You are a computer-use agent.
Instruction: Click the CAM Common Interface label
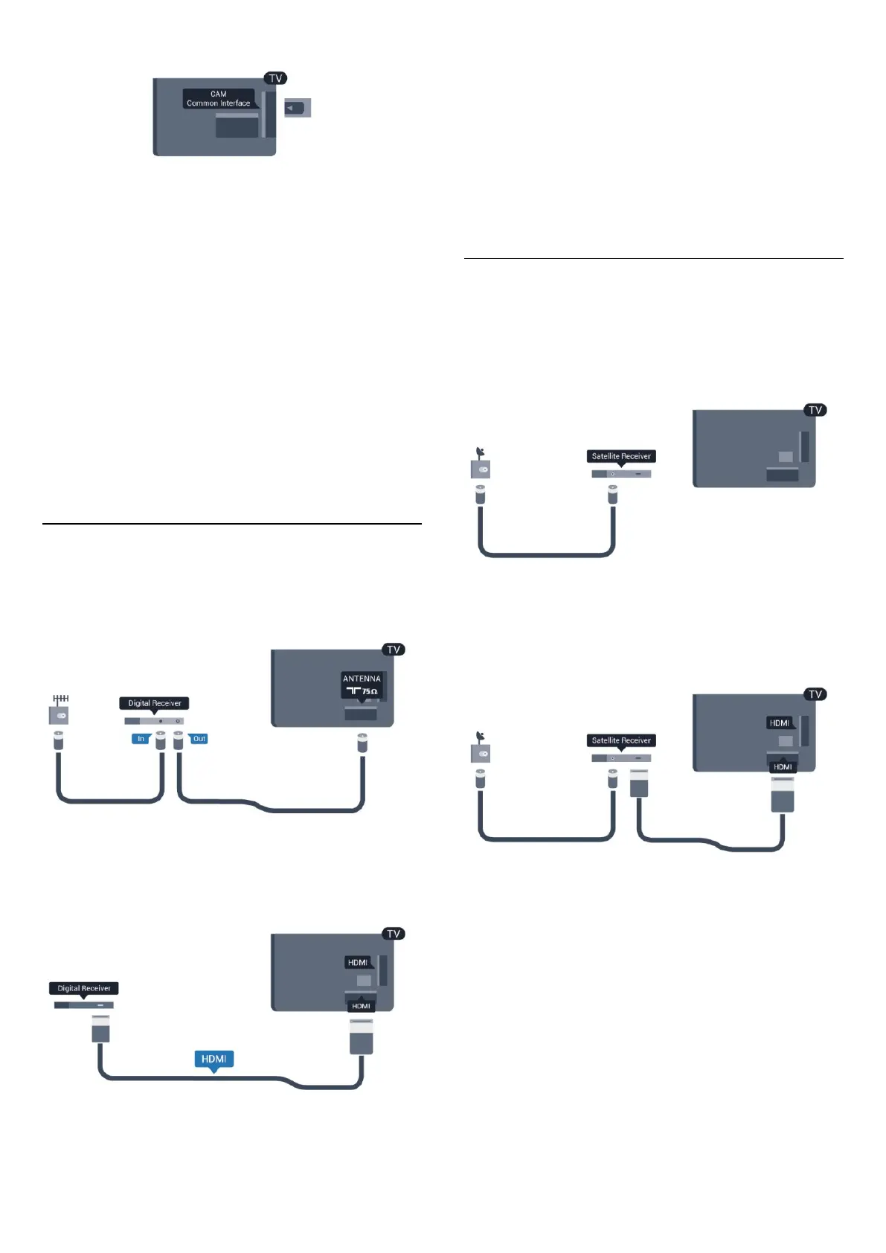(x=219, y=99)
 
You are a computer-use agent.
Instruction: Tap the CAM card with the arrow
(x=298, y=109)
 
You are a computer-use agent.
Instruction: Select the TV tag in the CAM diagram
(x=275, y=78)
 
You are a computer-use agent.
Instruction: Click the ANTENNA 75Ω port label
(x=362, y=685)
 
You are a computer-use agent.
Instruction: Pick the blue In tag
(x=141, y=739)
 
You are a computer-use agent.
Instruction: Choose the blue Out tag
(x=199, y=739)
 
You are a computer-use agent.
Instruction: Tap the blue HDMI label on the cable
(x=214, y=1059)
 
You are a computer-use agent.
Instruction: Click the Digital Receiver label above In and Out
(x=154, y=703)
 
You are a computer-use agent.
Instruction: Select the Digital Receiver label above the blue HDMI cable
(x=84, y=988)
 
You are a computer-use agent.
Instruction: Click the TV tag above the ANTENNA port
(x=394, y=650)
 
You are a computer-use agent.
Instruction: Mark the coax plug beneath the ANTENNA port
(x=362, y=742)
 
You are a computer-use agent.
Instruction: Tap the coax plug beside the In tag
(x=161, y=740)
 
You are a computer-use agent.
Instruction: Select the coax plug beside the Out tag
(x=179, y=740)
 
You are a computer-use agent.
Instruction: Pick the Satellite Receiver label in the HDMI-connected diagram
(x=621, y=740)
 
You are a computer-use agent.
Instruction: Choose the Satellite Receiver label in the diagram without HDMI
(x=621, y=456)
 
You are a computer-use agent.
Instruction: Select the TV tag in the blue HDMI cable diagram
(x=394, y=934)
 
